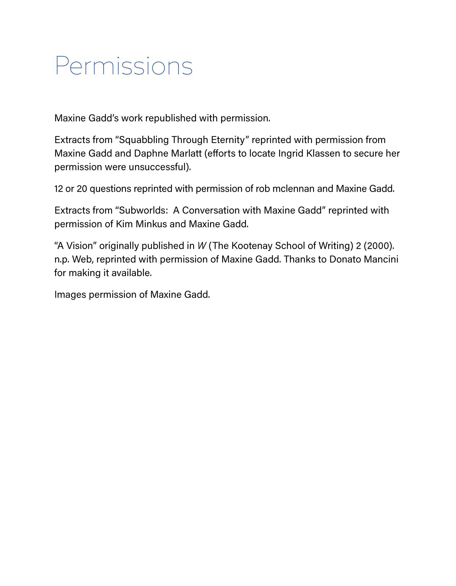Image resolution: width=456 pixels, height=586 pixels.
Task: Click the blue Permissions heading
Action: [124, 66]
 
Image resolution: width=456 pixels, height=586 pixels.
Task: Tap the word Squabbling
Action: [144, 140]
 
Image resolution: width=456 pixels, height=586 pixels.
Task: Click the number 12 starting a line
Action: [59, 189]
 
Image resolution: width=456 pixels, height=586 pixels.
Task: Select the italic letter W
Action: [202, 246]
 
